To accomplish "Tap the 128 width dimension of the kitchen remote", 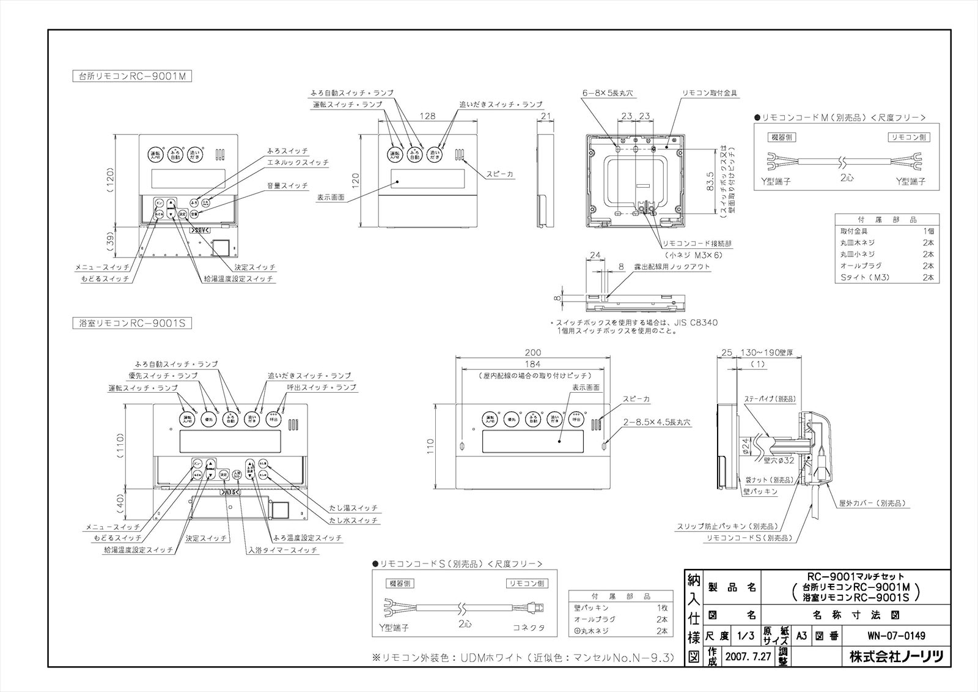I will point(427,115).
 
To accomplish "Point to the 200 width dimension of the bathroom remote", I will point(533,352).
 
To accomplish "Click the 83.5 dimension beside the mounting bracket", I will point(710,181).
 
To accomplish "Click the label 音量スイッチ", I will point(287,185).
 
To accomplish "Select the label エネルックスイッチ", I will point(298,163).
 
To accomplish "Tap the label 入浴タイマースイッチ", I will point(282,550).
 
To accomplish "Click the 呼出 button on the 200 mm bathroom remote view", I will point(576,420).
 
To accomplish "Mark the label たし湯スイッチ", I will point(353,508).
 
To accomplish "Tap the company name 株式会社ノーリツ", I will point(896,657).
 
